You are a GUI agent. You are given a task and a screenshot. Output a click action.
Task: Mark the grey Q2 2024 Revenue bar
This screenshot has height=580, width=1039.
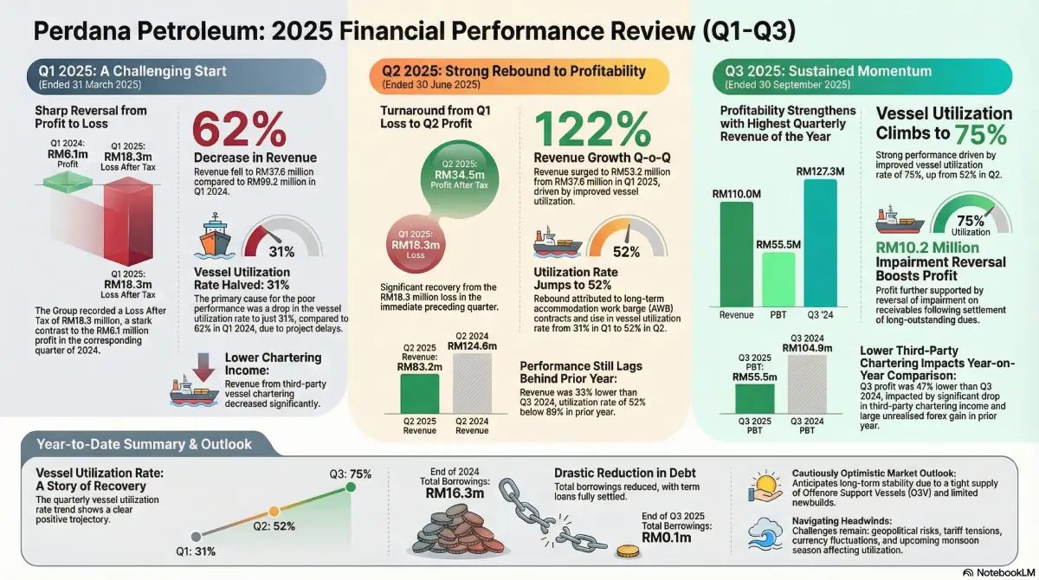click(x=472, y=381)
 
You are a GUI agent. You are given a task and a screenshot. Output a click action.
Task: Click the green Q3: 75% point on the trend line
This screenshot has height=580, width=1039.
click(x=350, y=487)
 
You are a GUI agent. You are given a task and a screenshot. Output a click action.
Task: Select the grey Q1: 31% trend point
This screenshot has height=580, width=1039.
click(x=197, y=536)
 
